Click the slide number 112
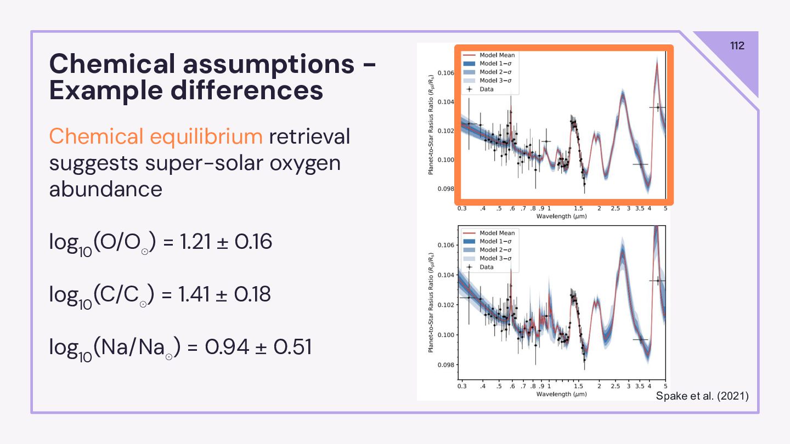pyautogui.click(x=737, y=45)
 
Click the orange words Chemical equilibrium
pyautogui.click(x=156, y=136)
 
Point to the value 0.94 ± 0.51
pyautogui.click(x=258, y=347)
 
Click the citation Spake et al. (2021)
pyautogui.click(x=702, y=396)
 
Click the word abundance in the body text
pyautogui.click(x=105, y=189)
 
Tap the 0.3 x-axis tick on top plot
pyautogui.click(x=462, y=209)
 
